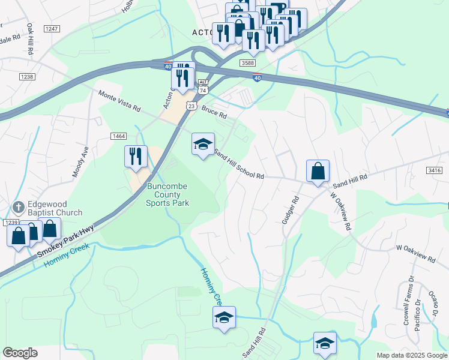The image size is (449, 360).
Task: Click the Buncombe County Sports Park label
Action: (167, 194)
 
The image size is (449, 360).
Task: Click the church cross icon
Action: (18, 208)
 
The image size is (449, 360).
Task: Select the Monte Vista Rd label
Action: (119, 101)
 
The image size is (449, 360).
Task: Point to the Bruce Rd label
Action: (214, 112)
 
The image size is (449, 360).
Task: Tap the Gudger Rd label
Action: (291, 211)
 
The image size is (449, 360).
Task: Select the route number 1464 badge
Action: (118, 137)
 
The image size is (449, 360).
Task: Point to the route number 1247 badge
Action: (52, 29)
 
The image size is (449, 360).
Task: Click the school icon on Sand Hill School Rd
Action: (203, 144)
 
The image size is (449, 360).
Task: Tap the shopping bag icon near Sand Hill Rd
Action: (317, 171)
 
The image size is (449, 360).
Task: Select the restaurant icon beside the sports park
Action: (136, 157)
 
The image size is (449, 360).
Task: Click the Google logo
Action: (20, 353)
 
